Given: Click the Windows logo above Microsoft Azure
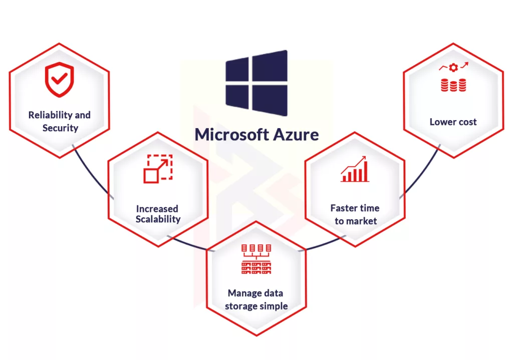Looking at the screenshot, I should coord(256,83).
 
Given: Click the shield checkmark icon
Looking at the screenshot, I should coord(59,80).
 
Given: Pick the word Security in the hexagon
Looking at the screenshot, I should coord(60,128).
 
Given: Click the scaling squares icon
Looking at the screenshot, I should coord(158,169).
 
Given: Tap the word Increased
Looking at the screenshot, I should coord(157,208).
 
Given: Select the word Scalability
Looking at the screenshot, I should coord(158,219).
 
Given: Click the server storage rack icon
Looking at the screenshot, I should coord(256,259).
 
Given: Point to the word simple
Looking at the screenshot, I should coord(274,306).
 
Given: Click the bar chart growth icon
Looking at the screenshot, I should coord(355,169).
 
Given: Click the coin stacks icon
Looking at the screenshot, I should coord(453,85).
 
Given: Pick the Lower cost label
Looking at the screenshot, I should coord(453,122).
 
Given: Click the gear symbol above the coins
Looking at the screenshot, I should coord(453,67).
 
